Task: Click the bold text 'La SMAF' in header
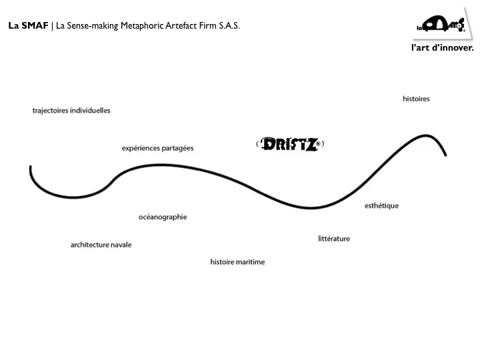(28, 25)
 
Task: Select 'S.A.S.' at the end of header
(229, 25)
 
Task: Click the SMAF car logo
(441, 25)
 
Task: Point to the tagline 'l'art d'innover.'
(443, 48)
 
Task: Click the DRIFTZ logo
(290, 144)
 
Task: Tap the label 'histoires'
(416, 99)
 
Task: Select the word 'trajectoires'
(50, 111)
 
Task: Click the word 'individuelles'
(90, 111)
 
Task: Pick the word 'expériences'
(141, 149)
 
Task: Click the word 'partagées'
(177, 149)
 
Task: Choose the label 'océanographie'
(163, 217)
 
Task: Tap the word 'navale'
(121, 245)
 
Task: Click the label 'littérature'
(334, 239)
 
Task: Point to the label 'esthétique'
(382, 206)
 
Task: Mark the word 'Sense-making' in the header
(93, 26)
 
